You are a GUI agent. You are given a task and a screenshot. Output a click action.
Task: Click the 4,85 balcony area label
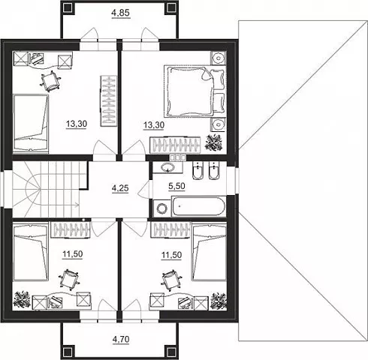point(121,13)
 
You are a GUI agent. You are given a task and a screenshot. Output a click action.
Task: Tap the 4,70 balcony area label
point(121,340)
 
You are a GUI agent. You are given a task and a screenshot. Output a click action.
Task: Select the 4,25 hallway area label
point(120,188)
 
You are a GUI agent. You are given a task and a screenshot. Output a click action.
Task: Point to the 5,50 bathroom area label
point(176,186)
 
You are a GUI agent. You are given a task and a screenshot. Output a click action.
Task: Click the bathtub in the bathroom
point(198,206)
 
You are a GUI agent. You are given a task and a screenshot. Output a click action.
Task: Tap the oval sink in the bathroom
point(167,167)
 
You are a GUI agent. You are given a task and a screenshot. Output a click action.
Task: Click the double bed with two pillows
point(195,91)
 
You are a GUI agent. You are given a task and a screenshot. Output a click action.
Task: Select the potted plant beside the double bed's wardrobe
point(214,142)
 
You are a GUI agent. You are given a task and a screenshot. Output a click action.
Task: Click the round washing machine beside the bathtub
point(161,208)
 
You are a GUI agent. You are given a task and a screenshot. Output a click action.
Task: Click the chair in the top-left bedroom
point(50,81)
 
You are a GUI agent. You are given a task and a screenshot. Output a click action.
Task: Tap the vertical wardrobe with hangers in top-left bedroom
point(109,100)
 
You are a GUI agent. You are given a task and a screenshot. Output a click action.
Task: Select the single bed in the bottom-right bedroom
point(209,252)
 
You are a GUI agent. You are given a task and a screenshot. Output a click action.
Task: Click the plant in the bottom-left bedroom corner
point(22,300)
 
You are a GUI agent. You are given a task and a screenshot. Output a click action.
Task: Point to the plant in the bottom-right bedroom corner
point(219,301)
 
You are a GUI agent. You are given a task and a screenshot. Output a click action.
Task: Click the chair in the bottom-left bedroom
point(69,280)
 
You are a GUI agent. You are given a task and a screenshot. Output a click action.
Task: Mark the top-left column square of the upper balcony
point(68,8)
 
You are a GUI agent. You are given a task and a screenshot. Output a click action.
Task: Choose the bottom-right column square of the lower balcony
point(170,352)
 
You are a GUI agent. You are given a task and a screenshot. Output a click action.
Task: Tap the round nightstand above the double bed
point(219,58)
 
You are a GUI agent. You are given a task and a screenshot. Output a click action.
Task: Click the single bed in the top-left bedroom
point(31,123)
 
